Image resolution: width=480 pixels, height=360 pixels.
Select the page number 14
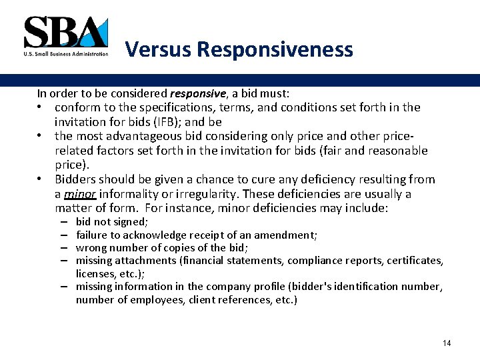click(447, 343)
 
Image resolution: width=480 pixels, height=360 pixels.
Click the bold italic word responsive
click(193, 93)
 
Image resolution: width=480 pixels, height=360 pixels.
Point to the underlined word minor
click(79, 194)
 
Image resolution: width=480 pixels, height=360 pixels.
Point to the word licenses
click(95, 273)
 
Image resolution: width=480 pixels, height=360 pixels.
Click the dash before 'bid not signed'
click(63, 221)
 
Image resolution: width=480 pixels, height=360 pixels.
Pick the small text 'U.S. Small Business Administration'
click(65, 55)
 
